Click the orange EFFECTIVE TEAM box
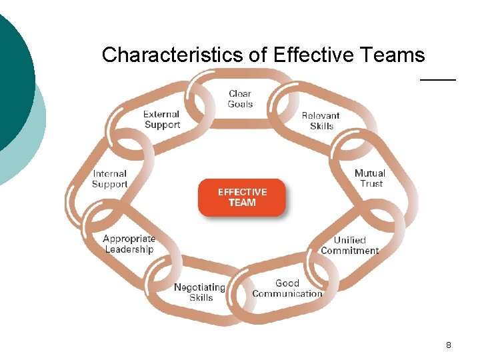click(241, 197)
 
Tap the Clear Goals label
click(240, 99)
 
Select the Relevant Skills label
click(321, 121)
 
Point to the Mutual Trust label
click(370, 178)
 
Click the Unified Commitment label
click(349, 245)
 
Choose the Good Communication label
click(287, 289)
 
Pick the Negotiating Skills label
click(200, 293)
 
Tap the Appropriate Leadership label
click(129, 244)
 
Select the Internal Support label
click(109, 179)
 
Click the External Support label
click(161, 119)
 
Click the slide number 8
click(448, 345)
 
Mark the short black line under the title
click(437, 79)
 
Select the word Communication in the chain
click(287, 294)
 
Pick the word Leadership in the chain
click(129, 249)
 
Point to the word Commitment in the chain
click(349, 251)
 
